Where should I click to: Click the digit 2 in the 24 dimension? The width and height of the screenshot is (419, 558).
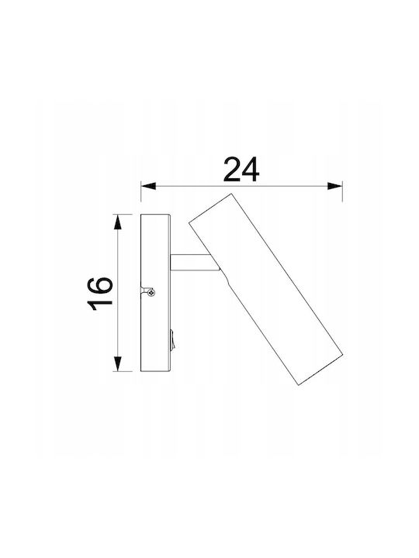pyautogui.click(x=231, y=170)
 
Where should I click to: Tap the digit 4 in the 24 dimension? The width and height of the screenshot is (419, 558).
pyautogui.click(x=250, y=170)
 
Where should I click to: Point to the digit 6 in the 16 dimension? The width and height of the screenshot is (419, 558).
pyautogui.click(x=100, y=285)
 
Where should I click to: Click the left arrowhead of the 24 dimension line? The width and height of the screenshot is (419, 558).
pyautogui.click(x=148, y=186)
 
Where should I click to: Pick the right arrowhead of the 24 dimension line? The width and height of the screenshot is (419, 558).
pyautogui.click(x=335, y=186)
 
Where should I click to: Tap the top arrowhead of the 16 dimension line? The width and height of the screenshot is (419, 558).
pyautogui.click(x=118, y=222)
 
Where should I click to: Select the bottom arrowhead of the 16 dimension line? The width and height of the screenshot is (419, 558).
pyautogui.click(x=118, y=363)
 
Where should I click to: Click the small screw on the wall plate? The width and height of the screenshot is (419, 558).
pyautogui.click(x=152, y=292)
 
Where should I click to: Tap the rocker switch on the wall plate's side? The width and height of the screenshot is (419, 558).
pyautogui.click(x=171, y=339)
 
